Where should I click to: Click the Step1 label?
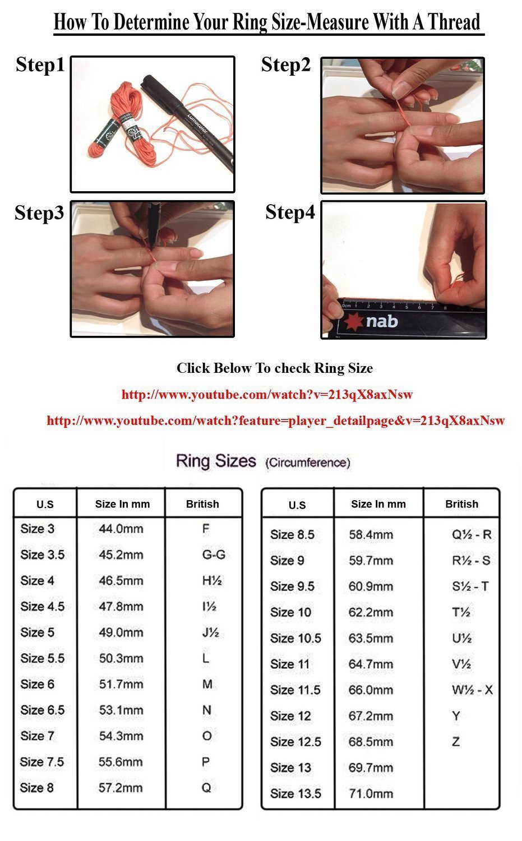coord(40,64)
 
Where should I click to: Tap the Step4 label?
coord(290,212)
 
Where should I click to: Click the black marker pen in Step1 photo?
coord(187,122)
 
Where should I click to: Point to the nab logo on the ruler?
coord(372,322)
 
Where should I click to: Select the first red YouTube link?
coord(267,395)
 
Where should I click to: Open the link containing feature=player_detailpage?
coord(276,420)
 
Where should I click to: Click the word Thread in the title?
coord(454,22)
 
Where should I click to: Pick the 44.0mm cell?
coord(121,529)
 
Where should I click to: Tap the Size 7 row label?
coord(37,736)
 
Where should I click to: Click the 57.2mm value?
coord(121,788)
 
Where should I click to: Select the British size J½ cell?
coord(211,632)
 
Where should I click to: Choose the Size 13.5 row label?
coord(295,794)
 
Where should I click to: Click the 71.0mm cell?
coord(371,794)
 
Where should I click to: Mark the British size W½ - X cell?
coord(472,690)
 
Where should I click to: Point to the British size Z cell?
coord(456,742)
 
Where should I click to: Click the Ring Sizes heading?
coord(216,461)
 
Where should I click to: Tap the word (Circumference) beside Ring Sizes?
coord(308,463)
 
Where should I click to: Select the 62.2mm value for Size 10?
coord(371,612)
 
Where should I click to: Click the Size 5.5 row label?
coord(43,659)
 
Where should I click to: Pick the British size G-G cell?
coord(214,555)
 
